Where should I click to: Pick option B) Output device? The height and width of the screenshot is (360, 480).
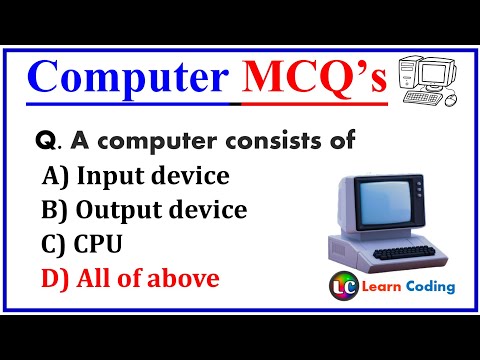[144, 210]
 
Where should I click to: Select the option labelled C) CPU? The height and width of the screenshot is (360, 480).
[77, 244]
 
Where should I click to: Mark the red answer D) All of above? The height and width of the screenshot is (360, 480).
[130, 278]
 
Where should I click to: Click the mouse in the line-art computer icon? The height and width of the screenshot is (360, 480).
[449, 100]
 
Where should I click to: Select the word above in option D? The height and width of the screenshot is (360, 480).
[190, 278]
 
